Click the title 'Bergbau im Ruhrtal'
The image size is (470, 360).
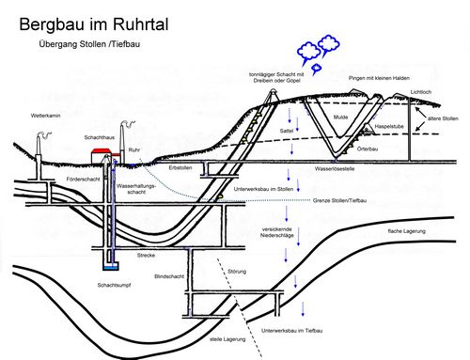tap(93, 21)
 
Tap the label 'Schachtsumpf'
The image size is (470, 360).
tap(113, 284)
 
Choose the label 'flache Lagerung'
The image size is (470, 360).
tap(407, 229)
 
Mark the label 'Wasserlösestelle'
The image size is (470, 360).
tap(335, 170)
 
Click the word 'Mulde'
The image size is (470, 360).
tap(340, 117)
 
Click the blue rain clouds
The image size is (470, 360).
tap(318, 52)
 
